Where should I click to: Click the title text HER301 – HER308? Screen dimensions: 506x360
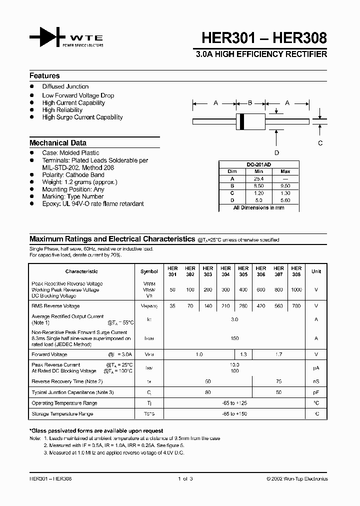tap(264, 38)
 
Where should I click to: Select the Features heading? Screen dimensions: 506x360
tap(44, 76)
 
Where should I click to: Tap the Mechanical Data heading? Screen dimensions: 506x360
tap(57, 143)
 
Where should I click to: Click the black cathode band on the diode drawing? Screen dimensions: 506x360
tap(242, 120)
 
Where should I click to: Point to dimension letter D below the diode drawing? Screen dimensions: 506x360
tap(276, 153)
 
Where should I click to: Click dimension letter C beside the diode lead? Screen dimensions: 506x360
tap(320, 143)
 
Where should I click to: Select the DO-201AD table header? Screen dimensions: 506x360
tap(258, 164)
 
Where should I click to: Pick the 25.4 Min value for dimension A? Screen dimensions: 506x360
tap(258, 178)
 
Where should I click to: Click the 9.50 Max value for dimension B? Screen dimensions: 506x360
tap(285, 185)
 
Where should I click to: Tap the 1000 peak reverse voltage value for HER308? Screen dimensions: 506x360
tap(296, 290)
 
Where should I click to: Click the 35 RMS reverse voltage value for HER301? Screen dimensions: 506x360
tap(172, 306)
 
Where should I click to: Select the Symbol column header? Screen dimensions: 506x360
tap(149, 271)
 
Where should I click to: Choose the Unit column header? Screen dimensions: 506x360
tap(316, 271)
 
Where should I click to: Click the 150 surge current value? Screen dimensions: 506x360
tap(234, 338)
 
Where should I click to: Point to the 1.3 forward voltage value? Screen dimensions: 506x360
tap(243, 354)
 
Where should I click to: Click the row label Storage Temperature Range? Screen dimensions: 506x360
tap(62, 414)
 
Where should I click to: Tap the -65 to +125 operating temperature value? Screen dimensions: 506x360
tap(234, 403)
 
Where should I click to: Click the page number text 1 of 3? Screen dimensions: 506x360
tap(185, 479)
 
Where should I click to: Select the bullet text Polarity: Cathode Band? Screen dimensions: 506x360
tap(73, 175)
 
